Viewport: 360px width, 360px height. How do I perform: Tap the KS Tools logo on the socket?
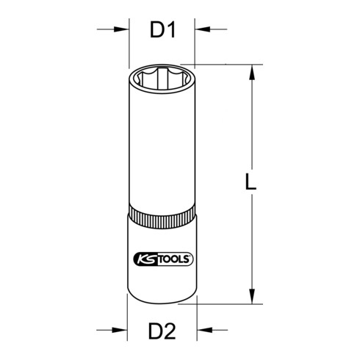click(x=162, y=258)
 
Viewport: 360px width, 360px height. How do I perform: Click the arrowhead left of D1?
click(x=122, y=30)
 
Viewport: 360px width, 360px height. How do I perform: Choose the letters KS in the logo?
click(x=144, y=258)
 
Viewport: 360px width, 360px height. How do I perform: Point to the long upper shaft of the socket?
click(x=162, y=147)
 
